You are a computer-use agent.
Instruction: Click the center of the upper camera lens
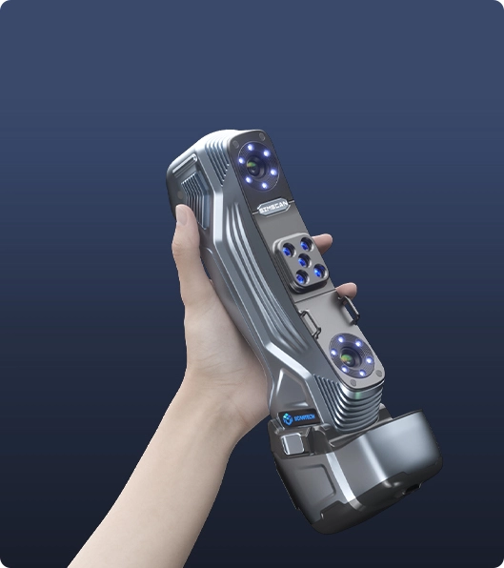pos(253,163)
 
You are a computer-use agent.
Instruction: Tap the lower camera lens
pos(349,357)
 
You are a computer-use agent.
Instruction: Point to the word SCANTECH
pos(308,415)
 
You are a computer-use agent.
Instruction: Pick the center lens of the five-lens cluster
pos(303,260)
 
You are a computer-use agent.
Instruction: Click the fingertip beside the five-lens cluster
pos(325,242)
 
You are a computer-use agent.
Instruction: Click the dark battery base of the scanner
pos(381,477)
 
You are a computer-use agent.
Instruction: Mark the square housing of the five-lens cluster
pos(303,261)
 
